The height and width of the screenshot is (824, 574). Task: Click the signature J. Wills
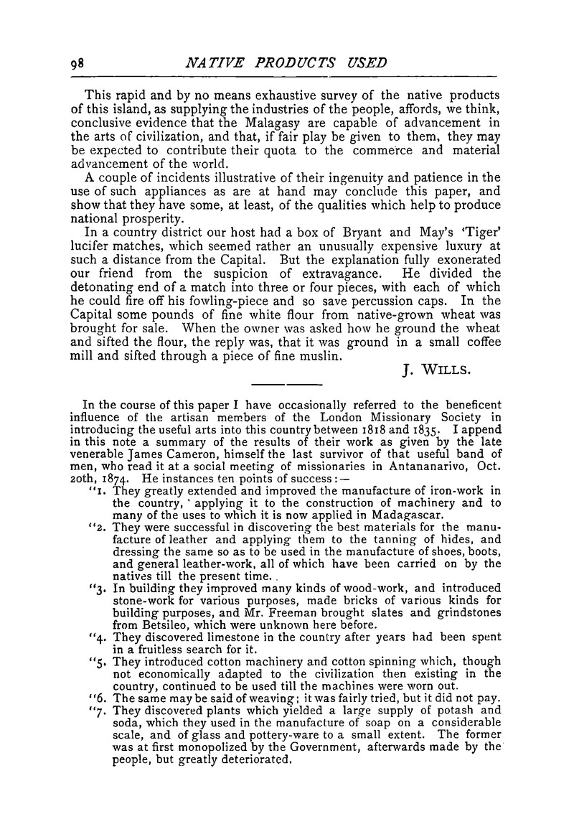pyautogui.click(x=436, y=371)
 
